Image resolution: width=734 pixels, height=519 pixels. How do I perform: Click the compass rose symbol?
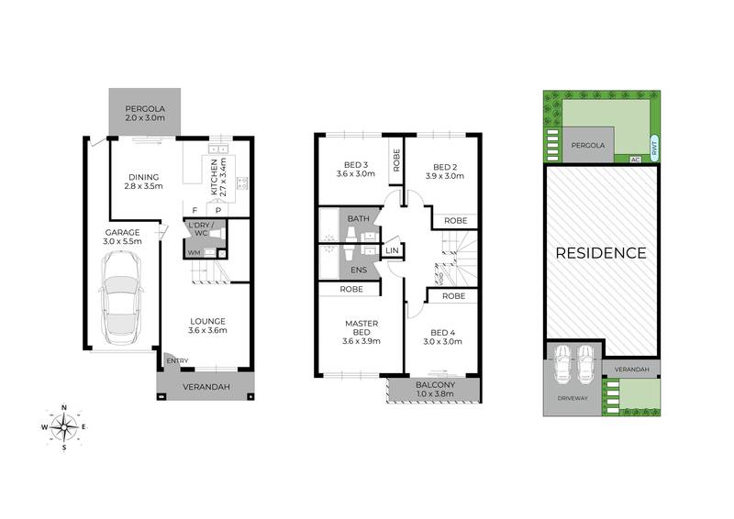(64, 425)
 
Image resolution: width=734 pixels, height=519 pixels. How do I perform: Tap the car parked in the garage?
(121, 300)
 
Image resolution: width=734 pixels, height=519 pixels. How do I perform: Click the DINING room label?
(144, 182)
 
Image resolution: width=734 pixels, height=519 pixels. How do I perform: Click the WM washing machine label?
(194, 252)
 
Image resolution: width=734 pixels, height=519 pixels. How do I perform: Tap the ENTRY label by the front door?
(177, 360)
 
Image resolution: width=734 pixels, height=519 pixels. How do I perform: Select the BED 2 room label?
(443, 168)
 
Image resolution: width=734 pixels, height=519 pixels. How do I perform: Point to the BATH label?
(358, 220)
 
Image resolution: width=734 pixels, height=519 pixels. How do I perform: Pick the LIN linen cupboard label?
(392, 250)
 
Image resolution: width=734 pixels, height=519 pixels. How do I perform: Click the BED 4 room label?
(443, 337)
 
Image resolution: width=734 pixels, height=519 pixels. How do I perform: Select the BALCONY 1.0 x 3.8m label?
(436, 390)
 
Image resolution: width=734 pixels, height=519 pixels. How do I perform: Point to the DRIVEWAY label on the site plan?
(573, 400)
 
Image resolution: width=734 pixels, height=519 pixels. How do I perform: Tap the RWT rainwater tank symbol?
(652, 147)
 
